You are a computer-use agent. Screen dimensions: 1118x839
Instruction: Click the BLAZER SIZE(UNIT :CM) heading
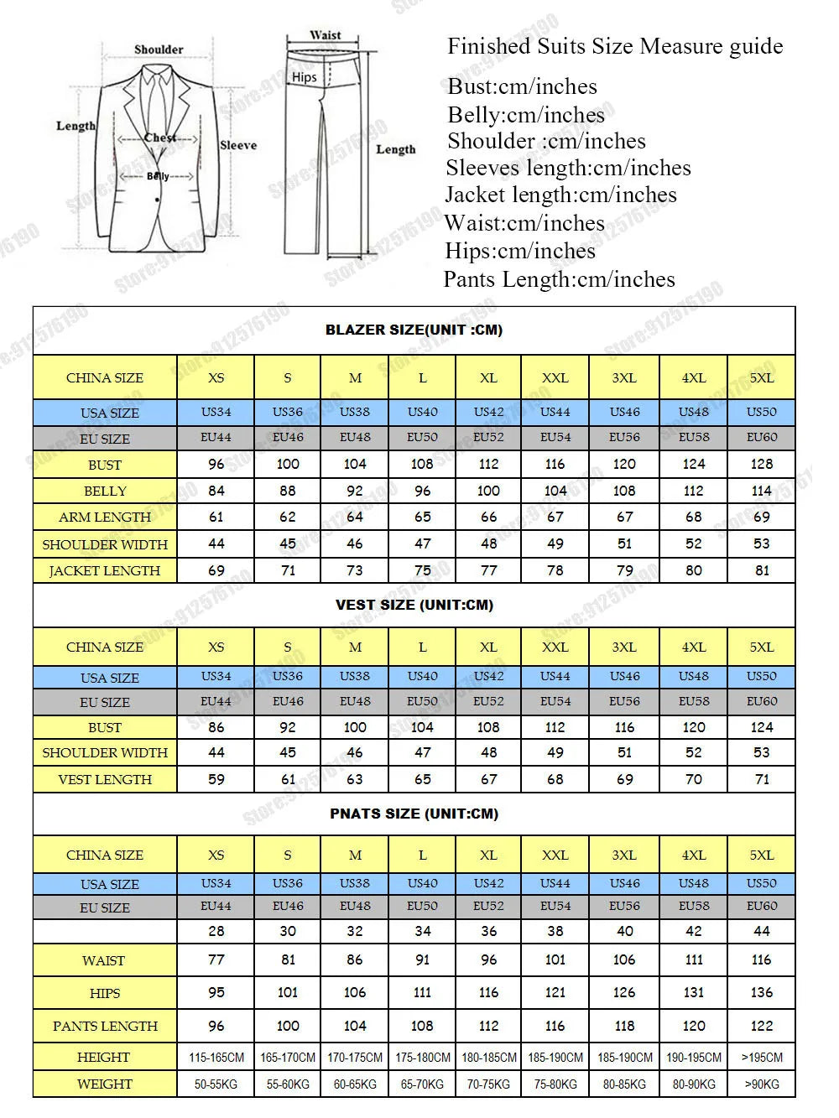point(414,330)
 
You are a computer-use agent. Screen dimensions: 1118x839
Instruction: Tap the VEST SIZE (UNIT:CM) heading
point(414,605)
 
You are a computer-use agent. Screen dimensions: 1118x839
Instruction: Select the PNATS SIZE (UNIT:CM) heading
point(414,814)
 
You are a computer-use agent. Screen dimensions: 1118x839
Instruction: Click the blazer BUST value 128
point(761,464)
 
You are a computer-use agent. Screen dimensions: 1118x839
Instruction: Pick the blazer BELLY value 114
point(761,491)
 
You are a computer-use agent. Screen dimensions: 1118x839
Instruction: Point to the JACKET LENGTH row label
point(105,570)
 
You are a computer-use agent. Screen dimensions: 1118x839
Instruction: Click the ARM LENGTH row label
point(105,517)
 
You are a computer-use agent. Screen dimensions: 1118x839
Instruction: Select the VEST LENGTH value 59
point(216,779)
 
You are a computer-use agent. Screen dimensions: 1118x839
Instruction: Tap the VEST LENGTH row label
point(105,779)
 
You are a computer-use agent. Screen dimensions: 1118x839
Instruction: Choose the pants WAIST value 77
point(216,959)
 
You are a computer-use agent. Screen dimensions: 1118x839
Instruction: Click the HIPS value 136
point(761,992)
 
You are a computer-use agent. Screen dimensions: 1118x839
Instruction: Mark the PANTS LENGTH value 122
point(761,1025)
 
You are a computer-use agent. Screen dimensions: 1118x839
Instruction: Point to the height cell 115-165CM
point(216,1058)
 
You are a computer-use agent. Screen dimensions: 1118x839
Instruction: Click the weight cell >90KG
point(761,1084)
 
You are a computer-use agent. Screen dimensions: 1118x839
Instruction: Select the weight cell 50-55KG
point(216,1084)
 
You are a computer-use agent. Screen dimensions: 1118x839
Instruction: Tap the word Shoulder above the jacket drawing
point(159,49)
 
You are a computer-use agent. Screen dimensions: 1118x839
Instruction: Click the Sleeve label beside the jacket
point(238,145)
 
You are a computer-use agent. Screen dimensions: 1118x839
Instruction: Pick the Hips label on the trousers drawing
point(305,77)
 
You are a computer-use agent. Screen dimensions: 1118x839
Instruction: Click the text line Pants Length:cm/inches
point(559,279)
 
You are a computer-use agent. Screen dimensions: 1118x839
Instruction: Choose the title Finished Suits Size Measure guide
point(615,46)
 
